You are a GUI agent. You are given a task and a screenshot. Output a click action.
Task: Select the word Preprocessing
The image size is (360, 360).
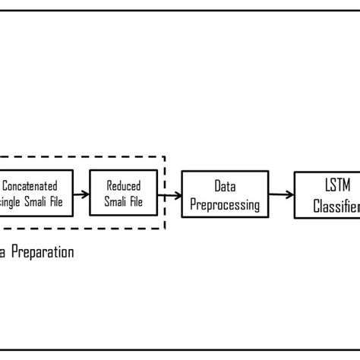tap(225, 204)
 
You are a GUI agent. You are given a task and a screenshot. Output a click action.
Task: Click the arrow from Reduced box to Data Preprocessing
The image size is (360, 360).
tap(170, 194)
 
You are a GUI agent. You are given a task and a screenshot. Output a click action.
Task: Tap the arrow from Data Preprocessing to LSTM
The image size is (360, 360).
tap(282, 194)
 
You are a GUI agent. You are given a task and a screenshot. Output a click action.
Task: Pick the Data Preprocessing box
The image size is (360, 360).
tap(225, 194)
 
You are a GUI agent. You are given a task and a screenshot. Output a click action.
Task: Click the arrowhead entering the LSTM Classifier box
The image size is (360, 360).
tap(291, 194)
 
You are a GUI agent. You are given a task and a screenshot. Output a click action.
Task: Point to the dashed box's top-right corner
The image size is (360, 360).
tap(166, 156)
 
